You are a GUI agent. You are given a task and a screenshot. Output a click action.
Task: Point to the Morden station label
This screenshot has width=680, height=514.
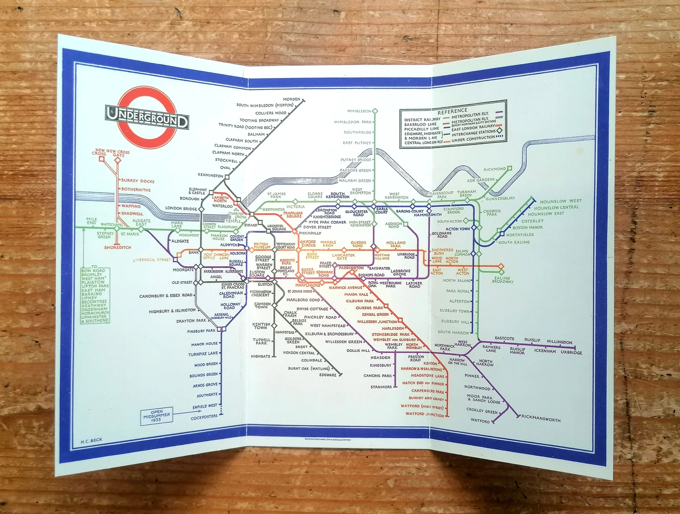click(291, 99)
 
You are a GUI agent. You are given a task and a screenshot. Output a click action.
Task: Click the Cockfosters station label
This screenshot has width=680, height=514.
click(204, 418)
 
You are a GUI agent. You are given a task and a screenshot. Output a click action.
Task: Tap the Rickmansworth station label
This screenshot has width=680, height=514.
click(541, 420)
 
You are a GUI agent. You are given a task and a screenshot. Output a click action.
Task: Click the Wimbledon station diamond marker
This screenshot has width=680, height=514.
click(375, 111)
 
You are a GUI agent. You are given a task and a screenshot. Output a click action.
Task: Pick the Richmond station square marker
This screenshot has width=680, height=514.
click(509, 168)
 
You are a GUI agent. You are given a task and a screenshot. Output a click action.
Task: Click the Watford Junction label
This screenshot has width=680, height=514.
click(425, 414)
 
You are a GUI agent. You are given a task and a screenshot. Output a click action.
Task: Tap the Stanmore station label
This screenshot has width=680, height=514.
click(381, 387)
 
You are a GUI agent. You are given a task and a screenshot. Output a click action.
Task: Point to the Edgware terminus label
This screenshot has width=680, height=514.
click(328, 375)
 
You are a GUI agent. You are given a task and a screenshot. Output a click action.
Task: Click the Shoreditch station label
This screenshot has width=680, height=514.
click(118, 247)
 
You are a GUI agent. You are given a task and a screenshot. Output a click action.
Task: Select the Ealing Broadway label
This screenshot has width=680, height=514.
click(503, 280)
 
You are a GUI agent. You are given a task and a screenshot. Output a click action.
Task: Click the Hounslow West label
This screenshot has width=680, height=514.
click(561, 201)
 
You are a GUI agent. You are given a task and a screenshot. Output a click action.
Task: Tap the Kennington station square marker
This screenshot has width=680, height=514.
click(227, 177)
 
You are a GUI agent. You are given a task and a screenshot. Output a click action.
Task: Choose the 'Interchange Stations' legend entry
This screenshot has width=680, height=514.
click(474, 133)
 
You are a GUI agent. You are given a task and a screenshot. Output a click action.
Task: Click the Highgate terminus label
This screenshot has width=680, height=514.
click(260, 356)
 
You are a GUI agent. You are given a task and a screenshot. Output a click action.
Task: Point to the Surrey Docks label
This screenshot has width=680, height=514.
click(138, 181)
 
